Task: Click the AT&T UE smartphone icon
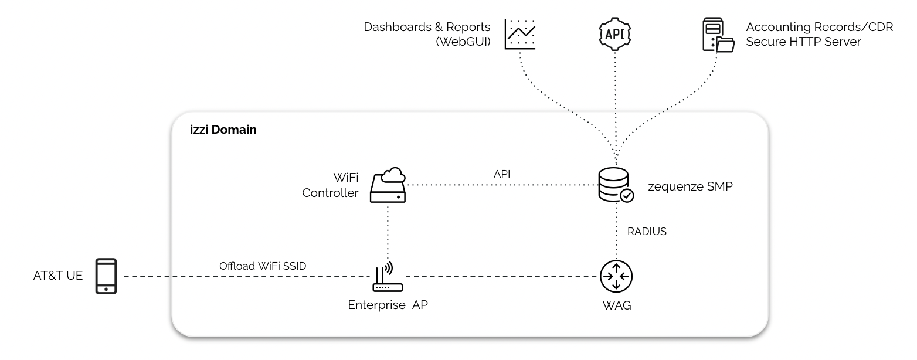pyautogui.click(x=106, y=276)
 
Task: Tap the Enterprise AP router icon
pyautogui.click(x=388, y=279)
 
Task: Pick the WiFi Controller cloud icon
pyautogui.click(x=388, y=185)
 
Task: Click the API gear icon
pyautogui.click(x=615, y=34)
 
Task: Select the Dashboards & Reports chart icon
pyautogui.click(x=520, y=34)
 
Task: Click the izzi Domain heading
pyautogui.click(x=222, y=130)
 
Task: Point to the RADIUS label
pyautogui.click(x=647, y=232)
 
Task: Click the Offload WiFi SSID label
pyautogui.click(x=263, y=266)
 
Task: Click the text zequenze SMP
pyautogui.click(x=690, y=187)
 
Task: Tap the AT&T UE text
pyautogui.click(x=58, y=276)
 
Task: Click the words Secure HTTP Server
pyautogui.click(x=803, y=42)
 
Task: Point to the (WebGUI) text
pyautogui.click(x=463, y=42)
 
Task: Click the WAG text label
pyautogui.click(x=617, y=305)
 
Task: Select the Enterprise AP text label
pyautogui.click(x=388, y=305)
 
